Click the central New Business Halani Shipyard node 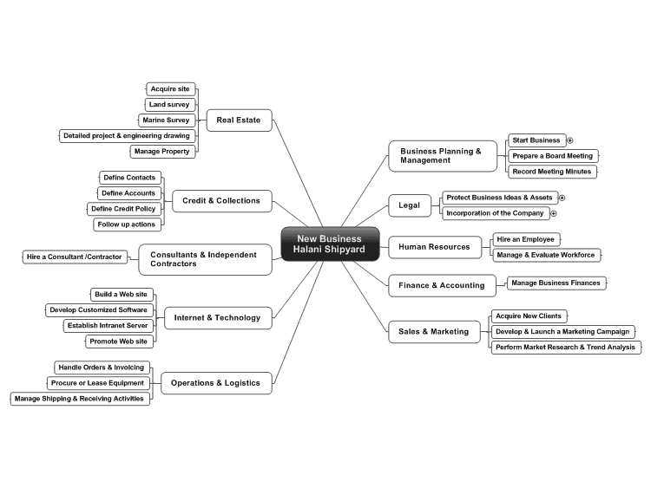point(330,244)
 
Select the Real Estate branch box point(240,120)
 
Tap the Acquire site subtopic point(171,89)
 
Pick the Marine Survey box point(167,120)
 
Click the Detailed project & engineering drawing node point(127,136)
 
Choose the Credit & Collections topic point(221,201)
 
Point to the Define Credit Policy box point(124,209)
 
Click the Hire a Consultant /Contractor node point(75,257)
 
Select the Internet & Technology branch point(218,318)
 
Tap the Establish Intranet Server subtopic point(108,326)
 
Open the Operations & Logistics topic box point(216,383)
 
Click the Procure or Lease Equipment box point(98,383)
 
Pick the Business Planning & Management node point(443,156)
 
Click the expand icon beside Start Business point(570,140)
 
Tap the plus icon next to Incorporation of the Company point(554,213)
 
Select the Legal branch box point(410,205)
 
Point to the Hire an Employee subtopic point(526,239)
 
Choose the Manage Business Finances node point(556,283)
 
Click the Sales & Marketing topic point(434,332)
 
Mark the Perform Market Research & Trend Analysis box point(566,348)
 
